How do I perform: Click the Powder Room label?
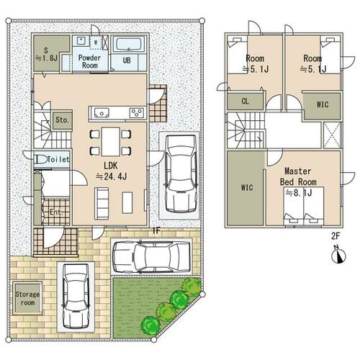coord(89,61)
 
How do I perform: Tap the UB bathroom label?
coord(127,60)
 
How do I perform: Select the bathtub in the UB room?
coord(129,44)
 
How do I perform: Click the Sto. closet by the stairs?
coord(63,120)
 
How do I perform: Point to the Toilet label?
coord(58,159)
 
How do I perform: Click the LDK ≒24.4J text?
coord(112,171)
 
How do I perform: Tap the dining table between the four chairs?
coord(111,142)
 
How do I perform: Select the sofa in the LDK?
coord(102,203)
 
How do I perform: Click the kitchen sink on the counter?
coord(102,113)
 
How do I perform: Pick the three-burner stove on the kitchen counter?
coord(137,113)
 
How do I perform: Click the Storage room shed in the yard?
coord(27,298)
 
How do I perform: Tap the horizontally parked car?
coord(151,257)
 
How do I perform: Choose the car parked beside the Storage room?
coord(76,297)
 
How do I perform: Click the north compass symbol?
coord(338,256)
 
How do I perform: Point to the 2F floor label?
coord(336,236)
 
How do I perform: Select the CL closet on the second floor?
coord(245,102)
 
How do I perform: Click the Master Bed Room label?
coord(298,176)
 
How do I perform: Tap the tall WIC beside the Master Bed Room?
coord(246,188)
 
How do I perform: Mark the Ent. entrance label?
coord(56,212)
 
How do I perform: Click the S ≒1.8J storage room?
coord(47,54)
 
